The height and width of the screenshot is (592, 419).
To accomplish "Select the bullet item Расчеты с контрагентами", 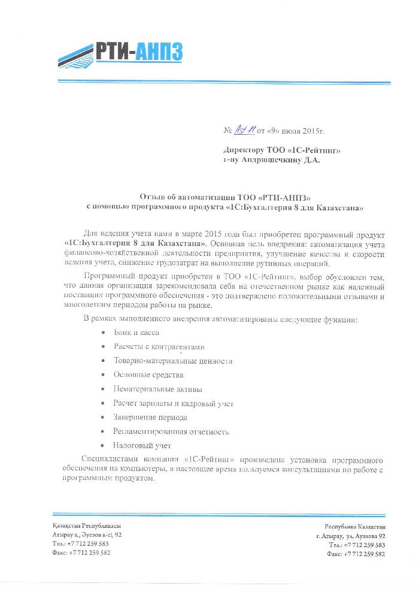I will (x=159, y=346).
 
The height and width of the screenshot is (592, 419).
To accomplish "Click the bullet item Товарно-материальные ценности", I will (x=173, y=361).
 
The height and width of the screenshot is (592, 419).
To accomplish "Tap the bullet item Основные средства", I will (x=148, y=374).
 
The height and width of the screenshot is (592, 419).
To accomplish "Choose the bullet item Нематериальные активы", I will (x=158, y=389).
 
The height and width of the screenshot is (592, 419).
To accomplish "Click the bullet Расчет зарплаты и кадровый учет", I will (x=174, y=403).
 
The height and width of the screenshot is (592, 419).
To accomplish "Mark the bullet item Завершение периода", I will (x=150, y=417).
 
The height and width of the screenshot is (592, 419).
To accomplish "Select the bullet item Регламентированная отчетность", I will (x=171, y=431).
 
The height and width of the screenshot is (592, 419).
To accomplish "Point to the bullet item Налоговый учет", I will (x=142, y=446).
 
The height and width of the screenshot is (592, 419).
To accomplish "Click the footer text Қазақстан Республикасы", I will (x=87, y=525).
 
